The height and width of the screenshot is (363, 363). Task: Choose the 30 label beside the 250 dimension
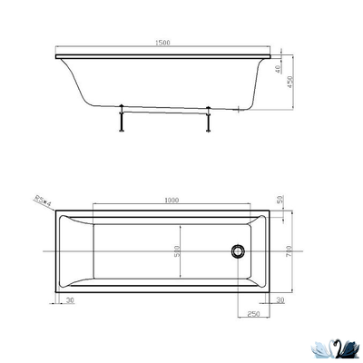[x=280, y=300]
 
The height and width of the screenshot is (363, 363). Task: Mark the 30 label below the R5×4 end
[x=69, y=300]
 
